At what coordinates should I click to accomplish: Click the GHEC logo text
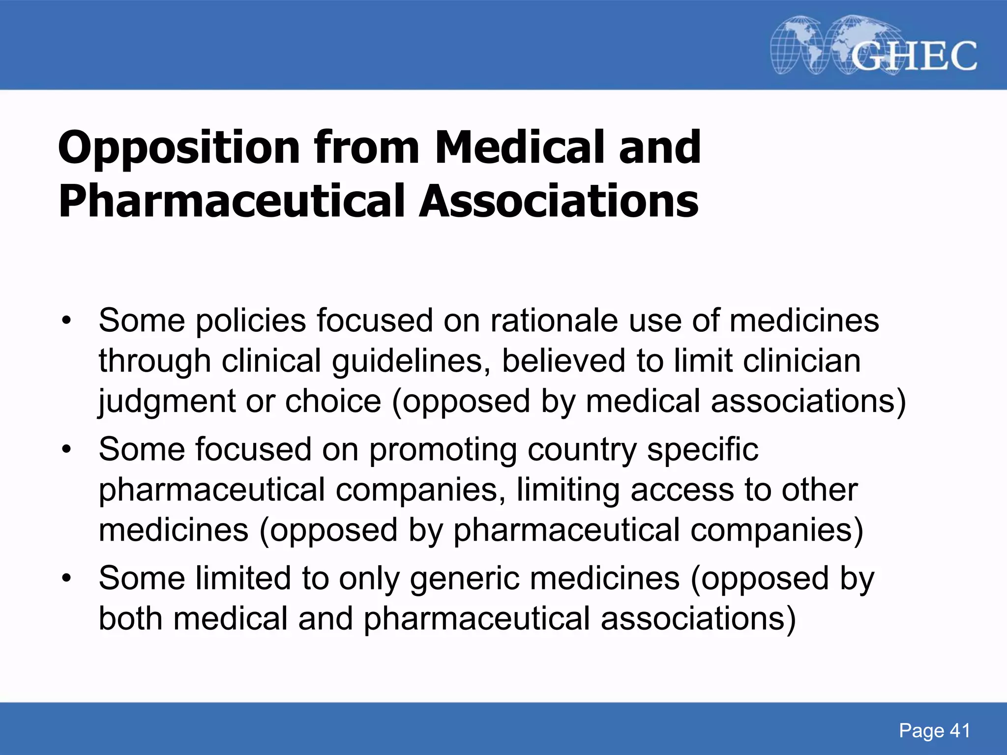click(914, 56)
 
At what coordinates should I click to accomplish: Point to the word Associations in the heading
click(559, 202)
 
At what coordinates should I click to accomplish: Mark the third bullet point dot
click(66, 579)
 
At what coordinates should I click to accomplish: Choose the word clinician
click(801, 361)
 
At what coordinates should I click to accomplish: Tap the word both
click(130, 619)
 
